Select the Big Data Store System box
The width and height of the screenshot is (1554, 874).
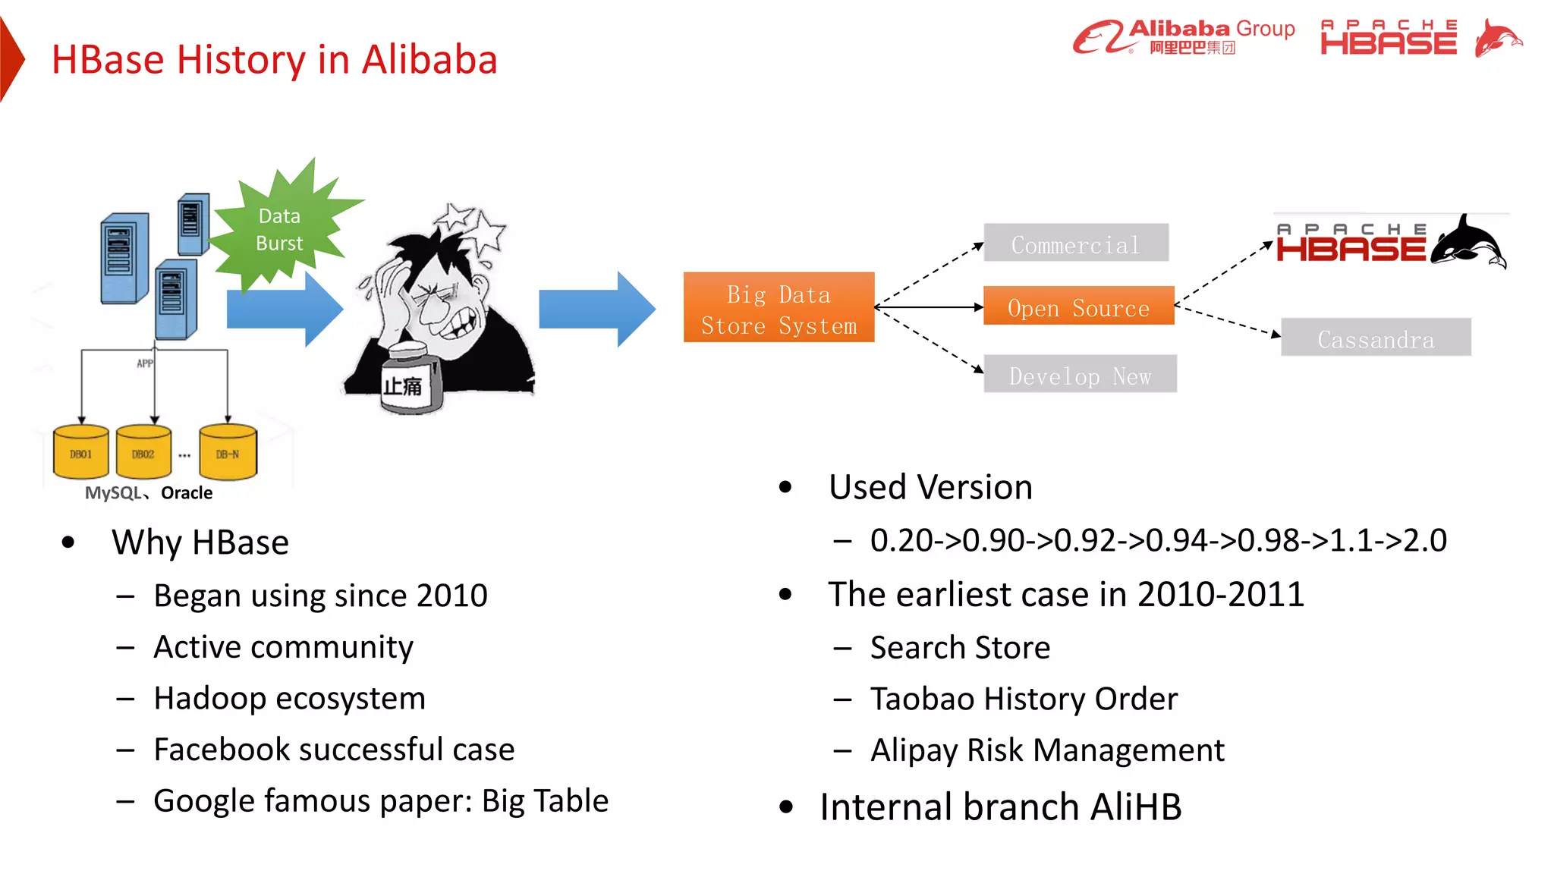click(x=779, y=308)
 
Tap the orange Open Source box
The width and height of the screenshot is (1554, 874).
click(x=1078, y=307)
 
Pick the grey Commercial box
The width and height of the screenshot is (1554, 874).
click(x=1075, y=244)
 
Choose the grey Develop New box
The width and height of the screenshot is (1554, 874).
click(x=1080, y=374)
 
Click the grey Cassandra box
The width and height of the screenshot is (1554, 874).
click(x=1375, y=338)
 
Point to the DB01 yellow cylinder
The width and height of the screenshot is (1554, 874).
click(x=81, y=453)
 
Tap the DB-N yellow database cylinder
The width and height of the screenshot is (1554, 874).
click(x=228, y=453)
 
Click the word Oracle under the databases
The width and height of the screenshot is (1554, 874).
click(x=187, y=493)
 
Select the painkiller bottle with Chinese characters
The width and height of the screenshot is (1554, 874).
click(x=411, y=379)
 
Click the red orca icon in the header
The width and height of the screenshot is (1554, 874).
click(x=1497, y=38)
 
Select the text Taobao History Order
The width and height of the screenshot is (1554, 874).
click(x=1023, y=699)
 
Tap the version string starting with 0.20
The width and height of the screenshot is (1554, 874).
click(x=1158, y=541)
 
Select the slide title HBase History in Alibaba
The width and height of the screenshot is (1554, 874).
click(x=274, y=60)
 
